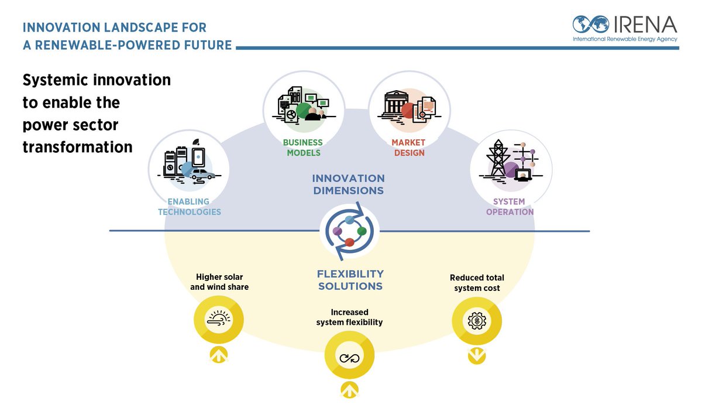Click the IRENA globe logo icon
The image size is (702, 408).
coord(591,25)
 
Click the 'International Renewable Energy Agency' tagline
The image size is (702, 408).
coord(624,39)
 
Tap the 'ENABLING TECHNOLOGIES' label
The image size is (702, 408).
coord(190,207)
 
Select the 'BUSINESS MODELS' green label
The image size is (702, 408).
coord(302,148)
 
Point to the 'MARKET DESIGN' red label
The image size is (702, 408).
coord(409,148)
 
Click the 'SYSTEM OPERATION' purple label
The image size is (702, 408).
coord(510,207)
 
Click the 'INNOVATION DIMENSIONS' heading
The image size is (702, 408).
coord(348,184)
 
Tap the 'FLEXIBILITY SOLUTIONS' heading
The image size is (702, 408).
coord(350,280)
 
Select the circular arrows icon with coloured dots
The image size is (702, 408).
coord(350,232)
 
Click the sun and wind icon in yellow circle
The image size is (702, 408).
coord(219,320)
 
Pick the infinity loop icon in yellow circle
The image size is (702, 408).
coord(349,356)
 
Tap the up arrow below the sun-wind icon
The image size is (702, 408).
coord(219,354)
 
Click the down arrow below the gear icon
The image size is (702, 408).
coord(477,355)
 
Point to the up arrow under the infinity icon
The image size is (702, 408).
coord(349,390)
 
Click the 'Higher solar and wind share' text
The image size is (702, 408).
coord(219,282)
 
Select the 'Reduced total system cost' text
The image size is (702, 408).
coord(477,283)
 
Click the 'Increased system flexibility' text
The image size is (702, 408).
coord(349,317)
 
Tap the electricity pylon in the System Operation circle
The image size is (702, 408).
coord(498,158)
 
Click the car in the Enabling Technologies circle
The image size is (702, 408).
coord(202,174)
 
